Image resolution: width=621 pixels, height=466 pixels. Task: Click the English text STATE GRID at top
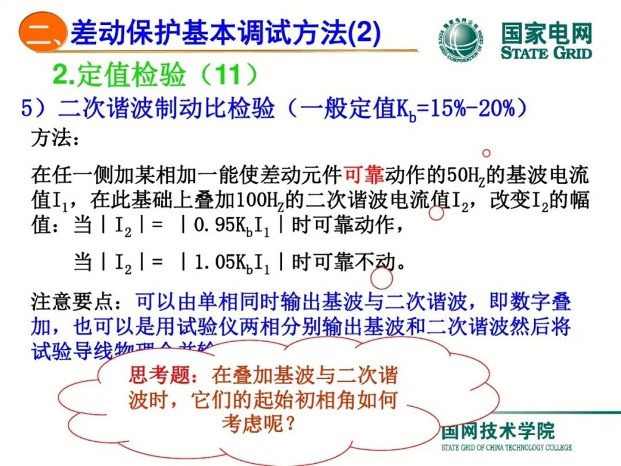(546, 54)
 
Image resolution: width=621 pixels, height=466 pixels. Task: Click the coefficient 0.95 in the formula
(213, 225)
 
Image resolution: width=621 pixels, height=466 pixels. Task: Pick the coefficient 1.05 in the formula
(213, 263)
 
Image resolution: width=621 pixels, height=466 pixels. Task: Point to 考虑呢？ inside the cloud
(259, 424)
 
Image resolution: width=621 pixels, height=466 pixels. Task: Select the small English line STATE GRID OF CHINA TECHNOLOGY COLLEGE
(507, 448)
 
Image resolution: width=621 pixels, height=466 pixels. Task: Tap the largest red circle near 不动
(381, 278)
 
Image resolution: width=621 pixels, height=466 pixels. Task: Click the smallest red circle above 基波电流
(486, 153)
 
